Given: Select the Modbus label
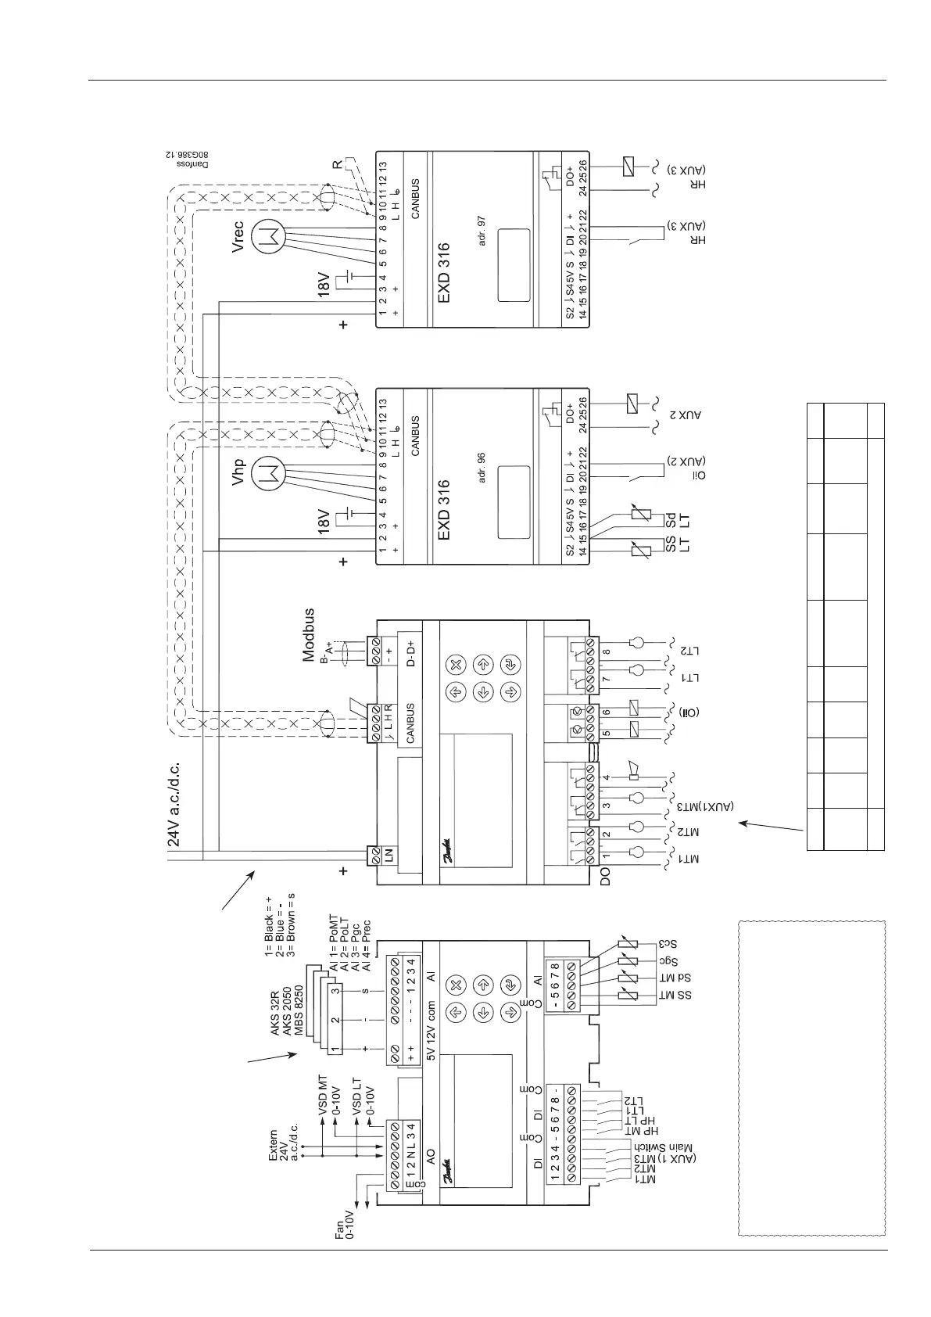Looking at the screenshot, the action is (x=309, y=636).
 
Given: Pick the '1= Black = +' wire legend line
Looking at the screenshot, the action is (x=268, y=938).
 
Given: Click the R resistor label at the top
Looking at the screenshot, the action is (x=337, y=166).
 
